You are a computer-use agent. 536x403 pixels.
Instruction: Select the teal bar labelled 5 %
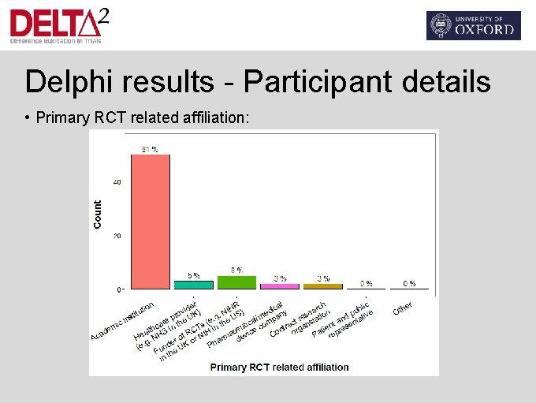pyautogui.click(x=193, y=285)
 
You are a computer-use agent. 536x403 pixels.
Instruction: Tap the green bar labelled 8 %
pyautogui.click(x=236, y=282)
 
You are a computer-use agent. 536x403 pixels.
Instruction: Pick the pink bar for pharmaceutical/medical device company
pyautogui.click(x=280, y=286)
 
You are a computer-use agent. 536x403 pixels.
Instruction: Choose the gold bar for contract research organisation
pyautogui.click(x=323, y=286)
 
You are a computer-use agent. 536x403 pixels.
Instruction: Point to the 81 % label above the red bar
pyautogui.click(x=150, y=148)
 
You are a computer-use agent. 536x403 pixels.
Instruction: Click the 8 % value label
pyautogui.click(x=236, y=270)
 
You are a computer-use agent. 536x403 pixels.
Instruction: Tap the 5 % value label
pyautogui.click(x=193, y=275)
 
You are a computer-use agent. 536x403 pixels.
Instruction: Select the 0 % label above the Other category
pyautogui.click(x=410, y=283)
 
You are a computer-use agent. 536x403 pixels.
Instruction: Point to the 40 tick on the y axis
pyautogui.click(x=117, y=182)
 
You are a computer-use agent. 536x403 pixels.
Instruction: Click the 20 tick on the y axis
pyautogui.click(x=117, y=236)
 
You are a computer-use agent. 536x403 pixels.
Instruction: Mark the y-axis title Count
pyautogui.click(x=98, y=215)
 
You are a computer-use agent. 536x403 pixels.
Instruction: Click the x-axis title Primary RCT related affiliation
pyautogui.click(x=279, y=367)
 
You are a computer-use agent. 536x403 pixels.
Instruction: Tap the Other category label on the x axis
pyautogui.click(x=403, y=308)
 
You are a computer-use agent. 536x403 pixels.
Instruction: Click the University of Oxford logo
pyautogui.click(x=473, y=25)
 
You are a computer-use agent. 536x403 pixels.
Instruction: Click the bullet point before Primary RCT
pyautogui.click(x=27, y=118)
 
